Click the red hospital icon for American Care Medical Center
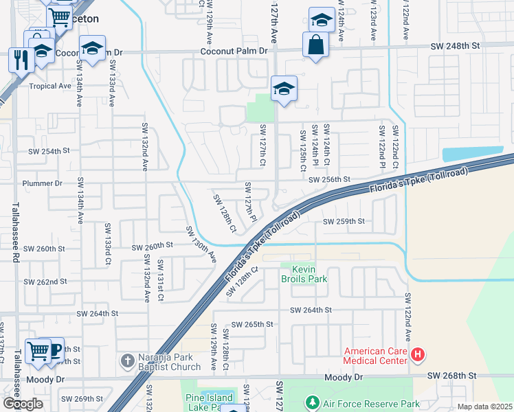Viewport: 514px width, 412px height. [x=418, y=356]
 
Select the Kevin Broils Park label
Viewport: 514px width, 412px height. [x=303, y=274]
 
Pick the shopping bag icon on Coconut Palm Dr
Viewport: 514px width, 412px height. [x=315, y=45]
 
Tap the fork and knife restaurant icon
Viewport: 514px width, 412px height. [x=19, y=59]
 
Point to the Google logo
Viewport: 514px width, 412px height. [x=22, y=404]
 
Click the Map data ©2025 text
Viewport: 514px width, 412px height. [x=484, y=407]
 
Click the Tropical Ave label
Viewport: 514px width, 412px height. [x=50, y=87]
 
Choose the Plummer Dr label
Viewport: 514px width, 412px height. [x=42, y=183]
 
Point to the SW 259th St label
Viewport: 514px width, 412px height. [x=344, y=222]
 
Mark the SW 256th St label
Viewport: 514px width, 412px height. [x=329, y=179]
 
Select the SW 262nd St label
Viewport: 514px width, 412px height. [x=46, y=282]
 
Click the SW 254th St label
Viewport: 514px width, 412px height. [x=49, y=150]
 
